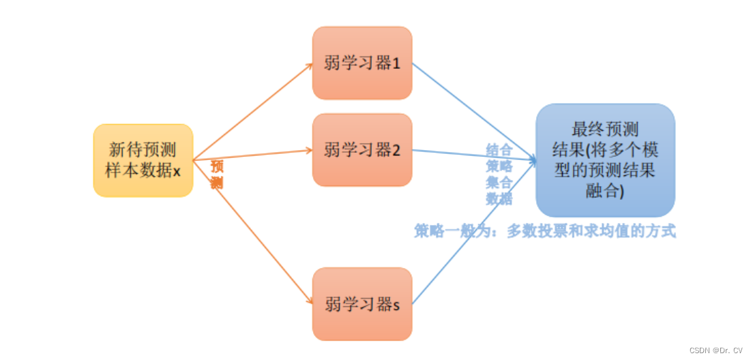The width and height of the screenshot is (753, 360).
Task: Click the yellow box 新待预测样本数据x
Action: (143, 160)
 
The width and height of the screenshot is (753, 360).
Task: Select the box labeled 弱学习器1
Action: (362, 63)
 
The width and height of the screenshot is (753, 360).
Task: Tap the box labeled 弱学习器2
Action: (362, 150)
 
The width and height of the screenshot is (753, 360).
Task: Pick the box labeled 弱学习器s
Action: (362, 304)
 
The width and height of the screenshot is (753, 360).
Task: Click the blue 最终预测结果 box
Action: (605, 160)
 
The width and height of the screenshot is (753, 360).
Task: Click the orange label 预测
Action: (217, 175)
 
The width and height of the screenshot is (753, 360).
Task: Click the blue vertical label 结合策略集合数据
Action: (499, 175)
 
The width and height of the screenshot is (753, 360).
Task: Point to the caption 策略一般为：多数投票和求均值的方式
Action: (544, 231)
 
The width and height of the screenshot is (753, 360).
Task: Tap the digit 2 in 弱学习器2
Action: (396, 150)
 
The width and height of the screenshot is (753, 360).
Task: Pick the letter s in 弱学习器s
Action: (396, 305)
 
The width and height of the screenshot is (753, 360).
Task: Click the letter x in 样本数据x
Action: (177, 171)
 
